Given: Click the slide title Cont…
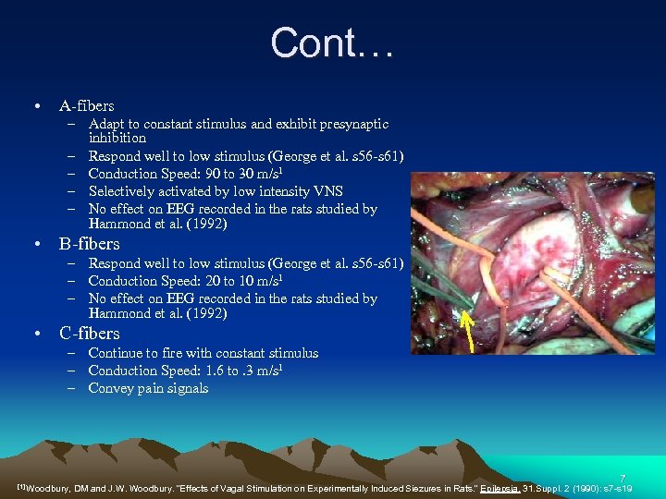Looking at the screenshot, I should (332, 43).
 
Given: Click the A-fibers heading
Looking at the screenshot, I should (86, 105).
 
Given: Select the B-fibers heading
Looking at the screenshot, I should (89, 244).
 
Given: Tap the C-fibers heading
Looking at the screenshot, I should (89, 333).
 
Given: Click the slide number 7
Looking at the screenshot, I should (623, 478).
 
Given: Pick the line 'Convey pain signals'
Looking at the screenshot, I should (148, 388).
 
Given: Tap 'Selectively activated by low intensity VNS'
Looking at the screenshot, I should (216, 191).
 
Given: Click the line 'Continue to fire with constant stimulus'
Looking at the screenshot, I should (203, 353).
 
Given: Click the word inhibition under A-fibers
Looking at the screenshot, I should (117, 138).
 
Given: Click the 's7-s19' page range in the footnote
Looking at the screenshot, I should (615, 487).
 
